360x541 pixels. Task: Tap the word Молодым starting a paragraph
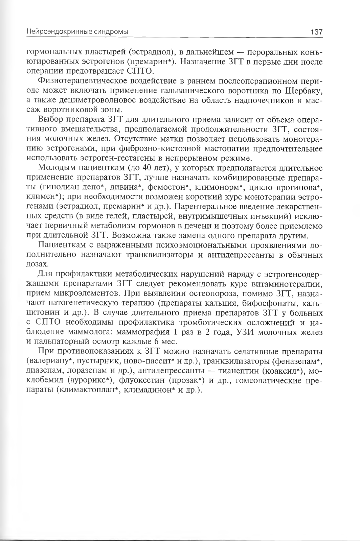[x=55, y=168]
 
